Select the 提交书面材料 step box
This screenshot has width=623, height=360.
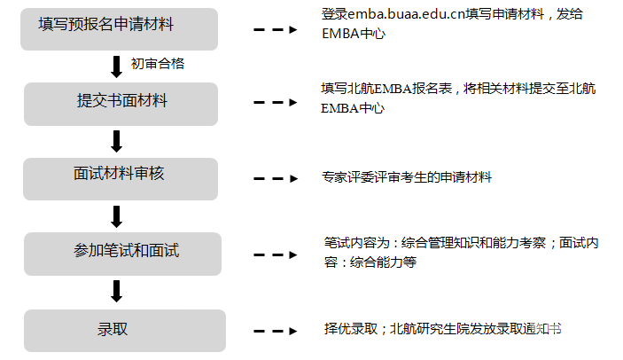tap(121, 103)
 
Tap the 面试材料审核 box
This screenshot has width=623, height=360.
tap(121, 177)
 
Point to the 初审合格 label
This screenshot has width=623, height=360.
tap(157, 64)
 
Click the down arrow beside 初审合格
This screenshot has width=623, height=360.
tap(116, 66)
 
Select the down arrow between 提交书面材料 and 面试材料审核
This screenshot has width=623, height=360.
tap(116, 141)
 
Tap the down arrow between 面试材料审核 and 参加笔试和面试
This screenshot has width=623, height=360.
tap(116, 215)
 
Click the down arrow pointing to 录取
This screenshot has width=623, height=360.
tap(116, 291)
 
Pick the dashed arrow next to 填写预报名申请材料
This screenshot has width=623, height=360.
tap(276, 28)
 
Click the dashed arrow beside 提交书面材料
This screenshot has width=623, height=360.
tap(276, 103)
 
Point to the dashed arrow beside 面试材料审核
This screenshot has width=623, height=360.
tap(276, 178)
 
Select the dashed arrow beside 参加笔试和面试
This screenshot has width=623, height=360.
tap(276, 253)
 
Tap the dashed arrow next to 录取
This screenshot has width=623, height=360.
tap(276, 331)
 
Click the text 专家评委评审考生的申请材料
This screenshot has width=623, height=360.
tap(407, 177)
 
